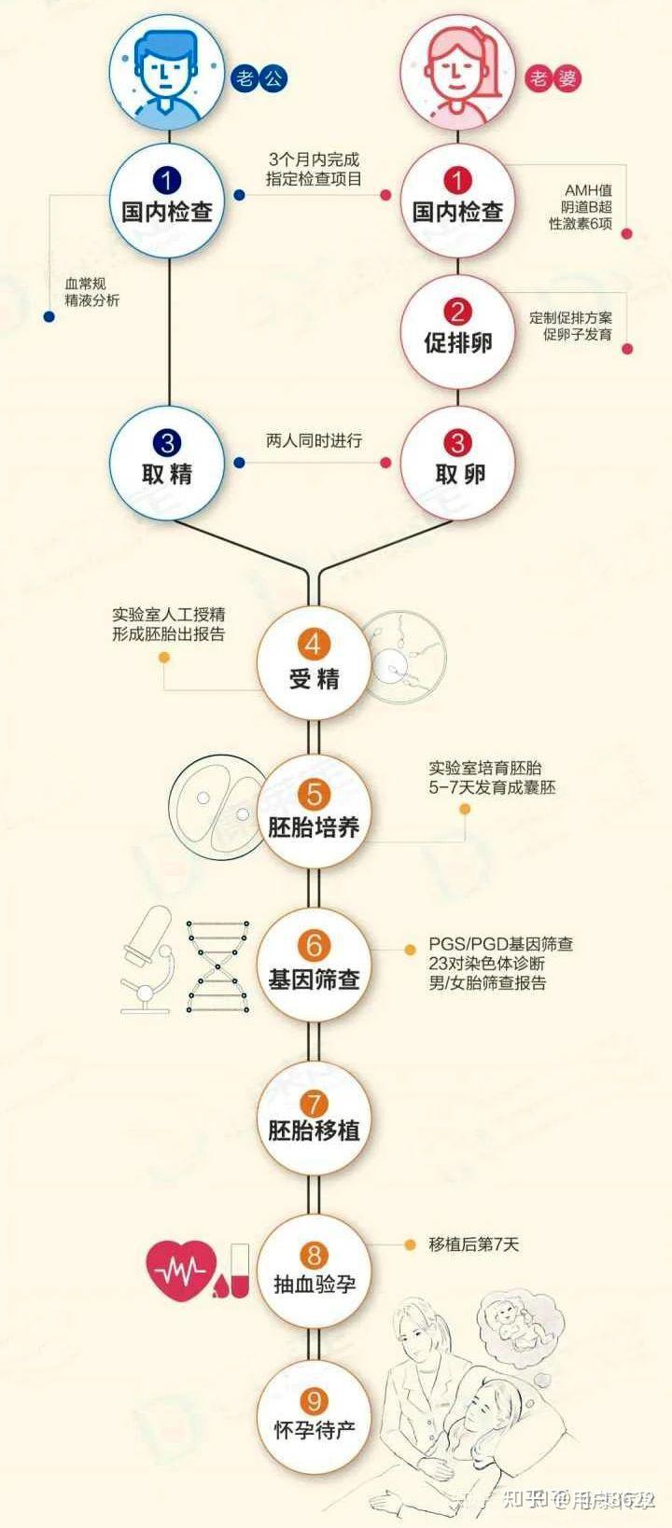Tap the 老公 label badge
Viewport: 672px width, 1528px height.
coord(259,77)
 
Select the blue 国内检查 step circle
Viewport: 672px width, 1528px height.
coord(167,198)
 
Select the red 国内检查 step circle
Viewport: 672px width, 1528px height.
coord(457,198)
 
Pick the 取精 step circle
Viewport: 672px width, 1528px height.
coord(167,460)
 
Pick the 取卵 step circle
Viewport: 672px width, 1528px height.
coord(457,460)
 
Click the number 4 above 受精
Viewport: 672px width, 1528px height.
coord(314,645)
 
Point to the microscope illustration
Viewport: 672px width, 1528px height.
coord(148,961)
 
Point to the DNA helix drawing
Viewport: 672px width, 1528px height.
coord(218,965)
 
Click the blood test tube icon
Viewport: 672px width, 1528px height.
coord(239,1269)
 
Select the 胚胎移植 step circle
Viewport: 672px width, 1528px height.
coord(314,1117)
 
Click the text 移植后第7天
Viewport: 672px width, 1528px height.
coord(473,1244)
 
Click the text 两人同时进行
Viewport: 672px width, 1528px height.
coord(314,440)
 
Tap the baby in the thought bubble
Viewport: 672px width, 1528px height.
coord(510,1321)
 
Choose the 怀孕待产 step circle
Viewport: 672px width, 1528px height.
coord(314,1415)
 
